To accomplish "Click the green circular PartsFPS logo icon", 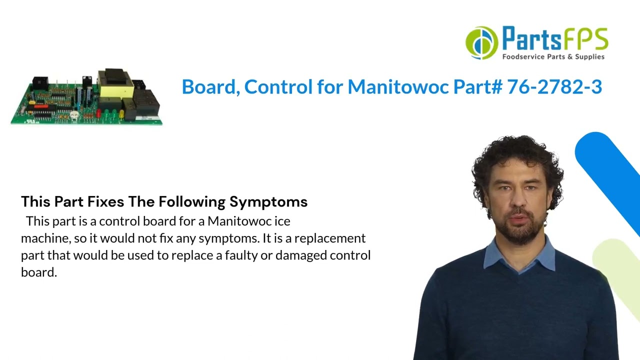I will [481, 43].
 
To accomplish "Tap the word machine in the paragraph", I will [42, 238].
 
